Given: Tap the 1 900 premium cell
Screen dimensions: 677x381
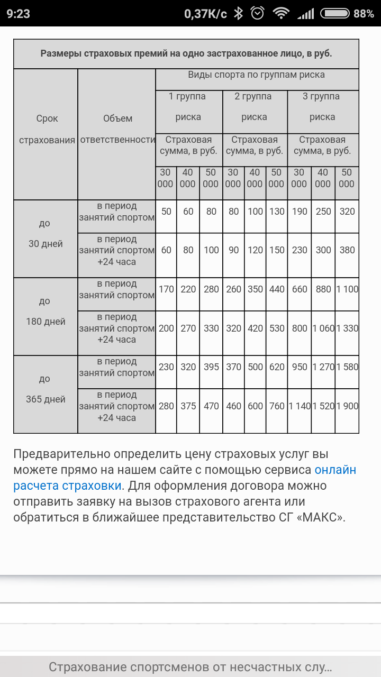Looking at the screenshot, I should pyautogui.click(x=347, y=406).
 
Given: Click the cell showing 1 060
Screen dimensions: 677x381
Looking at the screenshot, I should pyautogui.click(x=323, y=328).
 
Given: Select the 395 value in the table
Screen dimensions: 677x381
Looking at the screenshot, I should pyautogui.click(x=211, y=367).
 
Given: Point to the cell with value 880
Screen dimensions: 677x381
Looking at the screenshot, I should pyautogui.click(x=323, y=289).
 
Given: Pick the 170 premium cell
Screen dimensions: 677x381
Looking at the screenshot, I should pyautogui.click(x=166, y=289).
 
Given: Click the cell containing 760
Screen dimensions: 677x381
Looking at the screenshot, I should pyautogui.click(x=277, y=406).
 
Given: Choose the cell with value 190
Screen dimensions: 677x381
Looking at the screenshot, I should pyautogui.click(x=300, y=212).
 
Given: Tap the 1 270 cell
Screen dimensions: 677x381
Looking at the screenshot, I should pyautogui.click(x=323, y=367).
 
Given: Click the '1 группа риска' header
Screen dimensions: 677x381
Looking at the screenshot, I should pyautogui.click(x=188, y=107).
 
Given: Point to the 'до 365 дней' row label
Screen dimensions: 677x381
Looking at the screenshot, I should pyautogui.click(x=46, y=389).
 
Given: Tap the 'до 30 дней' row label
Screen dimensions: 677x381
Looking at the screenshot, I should pyautogui.click(x=46, y=234).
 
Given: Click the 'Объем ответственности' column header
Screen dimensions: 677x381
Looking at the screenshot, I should pyautogui.click(x=117, y=129).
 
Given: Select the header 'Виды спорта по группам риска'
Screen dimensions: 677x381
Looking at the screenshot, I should pyautogui.click(x=257, y=75).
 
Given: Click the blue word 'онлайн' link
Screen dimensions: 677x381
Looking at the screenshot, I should pyautogui.click(x=335, y=470).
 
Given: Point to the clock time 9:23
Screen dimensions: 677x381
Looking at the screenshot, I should pyautogui.click(x=19, y=14).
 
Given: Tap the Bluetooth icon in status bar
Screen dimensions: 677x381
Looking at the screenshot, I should pyautogui.click(x=239, y=14).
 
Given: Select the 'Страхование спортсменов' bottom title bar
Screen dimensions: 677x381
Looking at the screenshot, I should pyautogui.click(x=190, y=666).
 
